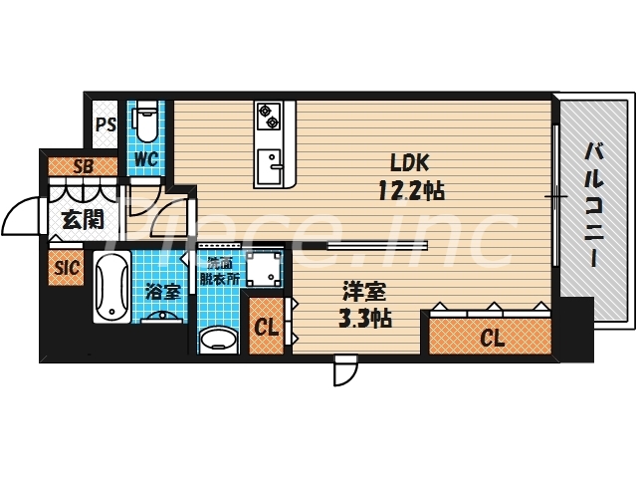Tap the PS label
[x=106, y=125]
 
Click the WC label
[x=144, y=159]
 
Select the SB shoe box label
[x=84, y=166]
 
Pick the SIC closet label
[x=67, y=267]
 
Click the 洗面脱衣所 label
[x=223, y=272]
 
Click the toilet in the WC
[x=145, y=121]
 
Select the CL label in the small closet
[x=266, y=327]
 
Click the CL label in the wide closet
[x=492, y=339]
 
